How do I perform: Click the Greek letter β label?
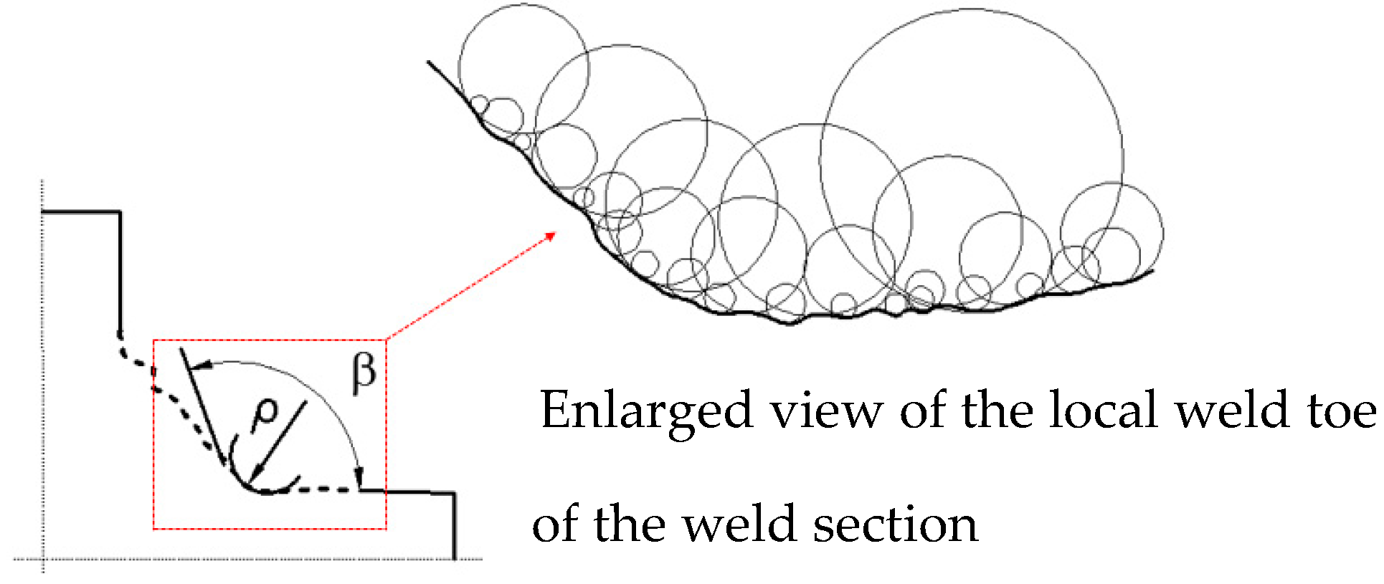pyautogui.click(x=364, y=373)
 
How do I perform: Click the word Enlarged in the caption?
pyautogui.click(x=646, y=411)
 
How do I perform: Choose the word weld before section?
pyautogui.click(x=739, y=524)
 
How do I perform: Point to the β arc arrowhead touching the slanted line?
pyautogui.click(x=202, y=365)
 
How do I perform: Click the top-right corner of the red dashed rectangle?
pyautogui.click(x=386, y=340)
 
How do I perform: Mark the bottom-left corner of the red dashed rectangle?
pyautogui.click(x=153, y=529)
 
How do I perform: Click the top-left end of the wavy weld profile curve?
pyautogui.click(x=429, y=62)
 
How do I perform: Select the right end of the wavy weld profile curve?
pyautogui.click(x=1153, y=271)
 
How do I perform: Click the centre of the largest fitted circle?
pyautogui.click(x=972, y=160)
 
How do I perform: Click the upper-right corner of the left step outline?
pyautogui.click(x=120, y=211)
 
